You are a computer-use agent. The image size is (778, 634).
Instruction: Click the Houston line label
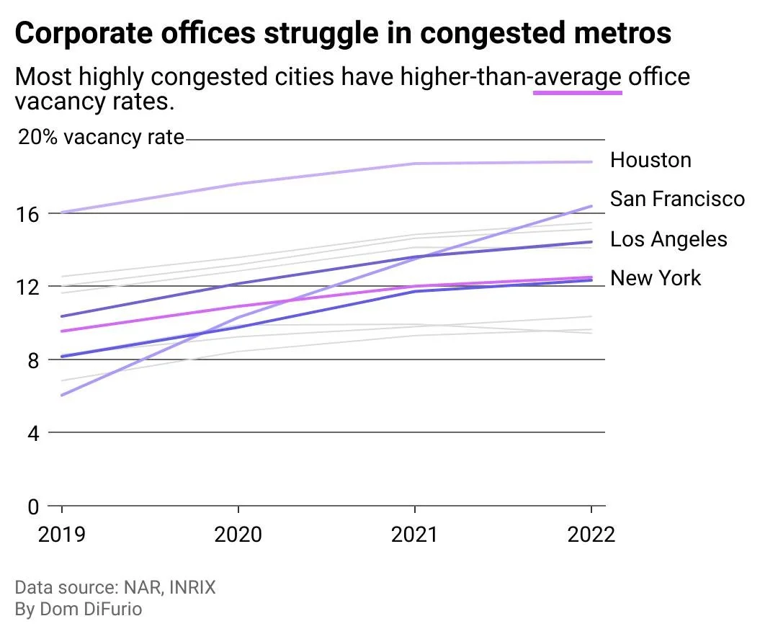(x=650, y=160)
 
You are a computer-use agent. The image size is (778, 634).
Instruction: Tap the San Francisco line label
(x=677, y=198)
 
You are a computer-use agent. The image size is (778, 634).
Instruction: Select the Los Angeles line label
(x=669, y=239)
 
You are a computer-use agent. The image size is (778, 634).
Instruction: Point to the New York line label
(x=656, y=278)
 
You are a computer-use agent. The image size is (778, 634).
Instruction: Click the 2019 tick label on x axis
(x=62, y=535)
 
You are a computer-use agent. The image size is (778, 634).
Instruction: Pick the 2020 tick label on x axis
(x=238, y=535)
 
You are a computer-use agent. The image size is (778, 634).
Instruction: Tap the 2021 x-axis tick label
(x=415, y=535)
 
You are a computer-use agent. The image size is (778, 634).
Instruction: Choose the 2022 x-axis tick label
(x=591, y=535)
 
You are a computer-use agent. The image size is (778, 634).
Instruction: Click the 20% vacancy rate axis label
(x=101, y=137)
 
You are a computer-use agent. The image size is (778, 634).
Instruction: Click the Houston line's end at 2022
(x=591, y=162)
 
